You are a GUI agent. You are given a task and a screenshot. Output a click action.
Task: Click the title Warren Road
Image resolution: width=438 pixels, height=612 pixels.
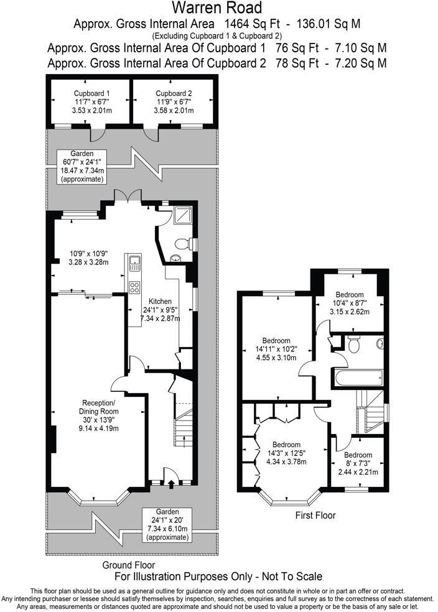coord(218,8)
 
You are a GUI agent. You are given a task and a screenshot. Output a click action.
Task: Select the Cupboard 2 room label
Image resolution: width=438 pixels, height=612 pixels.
coord(173,93)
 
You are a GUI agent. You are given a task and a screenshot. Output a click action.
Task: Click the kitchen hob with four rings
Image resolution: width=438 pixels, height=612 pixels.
coord(134,287)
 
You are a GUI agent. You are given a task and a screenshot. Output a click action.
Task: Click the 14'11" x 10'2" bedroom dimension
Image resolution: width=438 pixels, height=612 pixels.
coord(276,350)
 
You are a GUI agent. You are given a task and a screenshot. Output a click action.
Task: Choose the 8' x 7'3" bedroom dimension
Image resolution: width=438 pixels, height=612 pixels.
coord(358,463)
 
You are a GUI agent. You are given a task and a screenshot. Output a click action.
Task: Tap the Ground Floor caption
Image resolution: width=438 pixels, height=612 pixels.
coord(129,565)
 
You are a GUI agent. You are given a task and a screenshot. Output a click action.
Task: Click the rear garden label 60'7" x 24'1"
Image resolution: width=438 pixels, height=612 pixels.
coord(82,162)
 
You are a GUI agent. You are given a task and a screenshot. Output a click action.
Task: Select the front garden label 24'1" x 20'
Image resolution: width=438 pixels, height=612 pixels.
coord(165,520)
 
